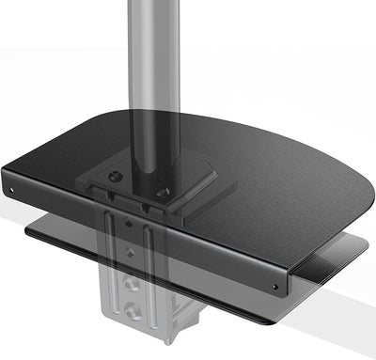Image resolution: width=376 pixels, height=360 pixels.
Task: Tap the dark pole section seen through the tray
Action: [x=148, y=141]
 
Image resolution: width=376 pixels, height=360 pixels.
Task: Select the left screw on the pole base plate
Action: [x=115, y=176]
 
